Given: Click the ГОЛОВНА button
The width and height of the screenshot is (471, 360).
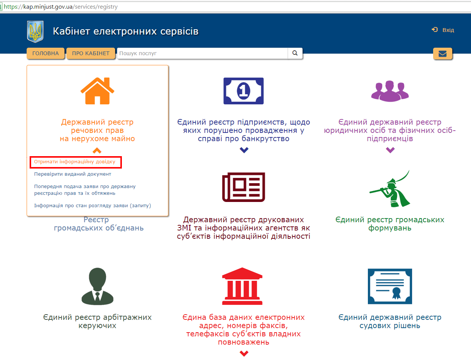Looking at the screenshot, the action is coord(45,53).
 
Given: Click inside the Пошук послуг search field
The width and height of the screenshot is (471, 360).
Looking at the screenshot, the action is coord(202,53).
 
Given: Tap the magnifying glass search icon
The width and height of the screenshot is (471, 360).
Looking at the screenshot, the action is coord(295,53).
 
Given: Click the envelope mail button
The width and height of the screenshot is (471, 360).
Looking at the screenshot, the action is coord(442,53).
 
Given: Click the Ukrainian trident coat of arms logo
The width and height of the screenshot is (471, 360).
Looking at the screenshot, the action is coord(35,32).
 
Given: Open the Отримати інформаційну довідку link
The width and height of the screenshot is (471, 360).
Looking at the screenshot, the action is coord(75,161).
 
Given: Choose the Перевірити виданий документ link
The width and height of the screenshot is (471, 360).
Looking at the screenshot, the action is coord(72,174).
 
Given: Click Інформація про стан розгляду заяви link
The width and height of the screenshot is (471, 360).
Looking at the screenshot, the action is coord(93,206).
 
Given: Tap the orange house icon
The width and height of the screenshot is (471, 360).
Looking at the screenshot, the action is coord(97,91).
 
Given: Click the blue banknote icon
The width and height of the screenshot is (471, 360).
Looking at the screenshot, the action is coord(243,91).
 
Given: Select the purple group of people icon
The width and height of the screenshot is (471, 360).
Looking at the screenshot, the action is coord(390,91).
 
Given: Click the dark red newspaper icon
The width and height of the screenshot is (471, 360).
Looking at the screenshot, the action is coord(243,187).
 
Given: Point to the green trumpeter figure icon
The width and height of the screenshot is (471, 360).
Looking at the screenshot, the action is coord(390,188).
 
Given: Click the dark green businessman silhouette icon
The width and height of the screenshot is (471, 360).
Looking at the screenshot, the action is coord(97,286).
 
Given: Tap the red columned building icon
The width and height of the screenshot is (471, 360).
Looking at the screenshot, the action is coord(242,286).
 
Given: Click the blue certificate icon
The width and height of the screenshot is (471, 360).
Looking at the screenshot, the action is coord(390,286).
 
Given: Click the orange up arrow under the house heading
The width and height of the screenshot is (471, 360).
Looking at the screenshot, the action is coord(97,151).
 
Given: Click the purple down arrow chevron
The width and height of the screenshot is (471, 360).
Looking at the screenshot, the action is coord(390,150).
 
